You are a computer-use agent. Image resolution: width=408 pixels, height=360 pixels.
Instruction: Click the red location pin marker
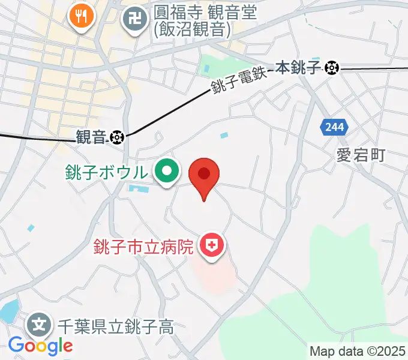coord(204,175)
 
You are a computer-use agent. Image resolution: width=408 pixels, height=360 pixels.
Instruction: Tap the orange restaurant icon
coord(80,16)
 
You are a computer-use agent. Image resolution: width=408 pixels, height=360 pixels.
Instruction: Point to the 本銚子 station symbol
coord(331,68)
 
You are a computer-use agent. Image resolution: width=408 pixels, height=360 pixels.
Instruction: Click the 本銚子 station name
coord(304,68)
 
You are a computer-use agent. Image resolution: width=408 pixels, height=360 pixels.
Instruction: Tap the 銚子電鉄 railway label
coord(239,79)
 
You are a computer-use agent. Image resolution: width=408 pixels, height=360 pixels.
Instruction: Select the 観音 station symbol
coord(116,137)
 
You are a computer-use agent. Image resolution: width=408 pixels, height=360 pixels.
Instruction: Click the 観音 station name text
coord(91,137)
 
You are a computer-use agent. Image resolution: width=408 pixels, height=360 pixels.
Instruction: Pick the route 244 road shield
coord(331,127)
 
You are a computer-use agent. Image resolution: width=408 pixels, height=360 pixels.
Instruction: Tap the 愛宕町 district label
coord(360,155)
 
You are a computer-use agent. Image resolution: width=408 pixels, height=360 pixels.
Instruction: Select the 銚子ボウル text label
coord(106,173)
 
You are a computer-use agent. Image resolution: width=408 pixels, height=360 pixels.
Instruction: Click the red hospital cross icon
coord(211,246)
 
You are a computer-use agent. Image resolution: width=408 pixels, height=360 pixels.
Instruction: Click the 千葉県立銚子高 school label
coord(115,327)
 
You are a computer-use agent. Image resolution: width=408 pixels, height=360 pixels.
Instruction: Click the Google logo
coord(40,346)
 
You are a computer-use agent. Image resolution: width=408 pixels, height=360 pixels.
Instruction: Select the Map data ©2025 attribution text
coord(356,351)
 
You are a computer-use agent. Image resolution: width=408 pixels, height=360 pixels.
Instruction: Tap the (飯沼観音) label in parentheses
coord(191,30)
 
